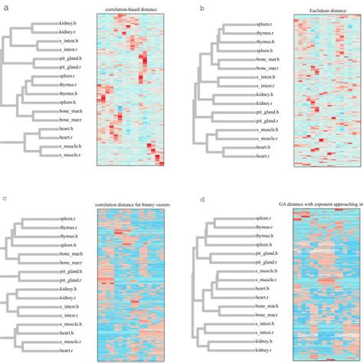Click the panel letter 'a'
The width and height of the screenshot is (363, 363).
(x=5, y=7)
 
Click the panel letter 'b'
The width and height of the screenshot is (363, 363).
(x=201, y=7)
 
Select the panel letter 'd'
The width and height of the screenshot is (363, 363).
(x=201, y=200)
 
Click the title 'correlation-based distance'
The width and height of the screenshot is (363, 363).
(x=131, y=9)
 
